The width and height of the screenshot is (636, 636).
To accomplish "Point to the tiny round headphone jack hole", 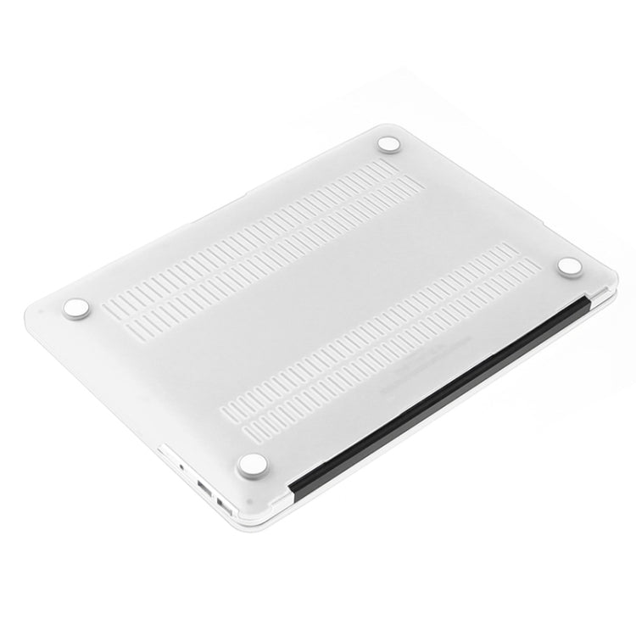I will tap(182, 466).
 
